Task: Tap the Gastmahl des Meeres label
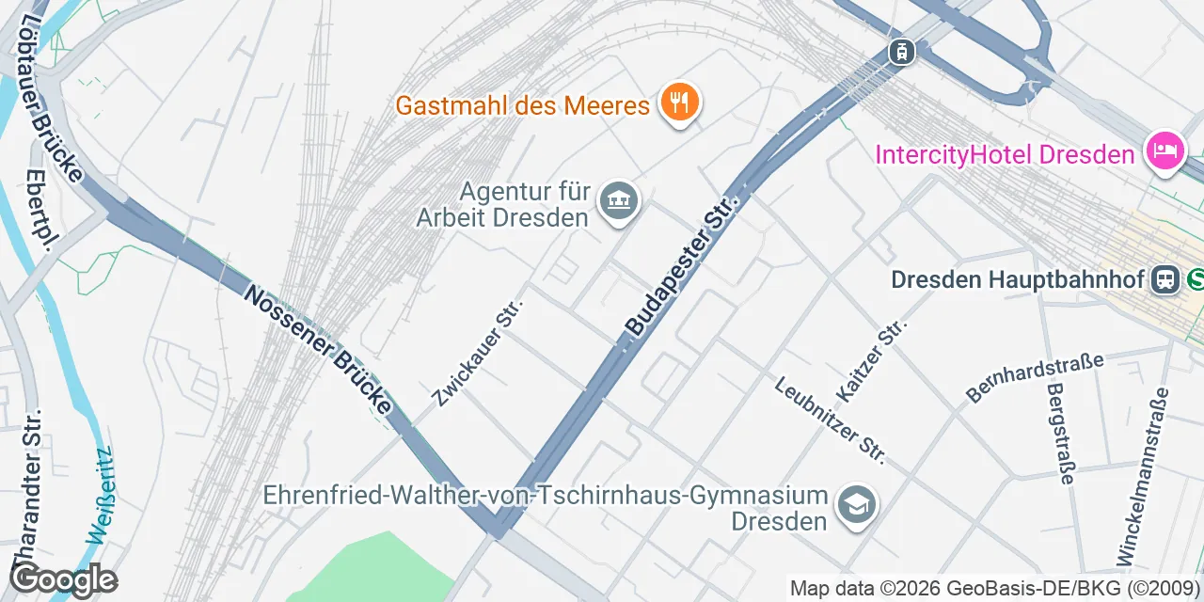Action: (522, 104)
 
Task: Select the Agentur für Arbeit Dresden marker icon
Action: (620, 201)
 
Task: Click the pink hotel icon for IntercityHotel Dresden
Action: (1164, 151)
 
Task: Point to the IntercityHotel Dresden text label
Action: (1005, 154)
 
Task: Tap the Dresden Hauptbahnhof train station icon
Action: (1165, 278)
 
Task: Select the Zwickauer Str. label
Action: (478, 348)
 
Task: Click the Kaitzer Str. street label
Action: (872, 360)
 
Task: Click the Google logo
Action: (63, 580)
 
